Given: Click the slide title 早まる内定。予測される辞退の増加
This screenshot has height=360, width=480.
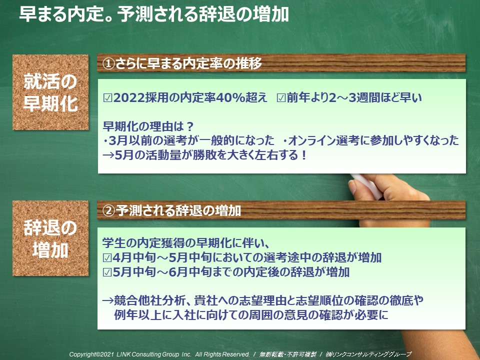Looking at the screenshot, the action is (154, 14).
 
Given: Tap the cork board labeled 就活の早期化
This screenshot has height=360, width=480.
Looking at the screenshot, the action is (50, 92).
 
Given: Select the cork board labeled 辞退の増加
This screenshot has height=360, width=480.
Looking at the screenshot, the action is (50, 238).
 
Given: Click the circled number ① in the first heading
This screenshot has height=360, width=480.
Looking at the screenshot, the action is (108, 63).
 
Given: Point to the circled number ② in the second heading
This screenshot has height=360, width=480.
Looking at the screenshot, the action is (108, 210).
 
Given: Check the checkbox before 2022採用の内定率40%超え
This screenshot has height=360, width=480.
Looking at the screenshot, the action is (107, 98).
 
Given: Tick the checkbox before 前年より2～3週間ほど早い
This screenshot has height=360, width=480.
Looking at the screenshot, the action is (281, 98).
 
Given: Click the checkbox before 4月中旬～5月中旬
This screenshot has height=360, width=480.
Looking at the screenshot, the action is (107, 258).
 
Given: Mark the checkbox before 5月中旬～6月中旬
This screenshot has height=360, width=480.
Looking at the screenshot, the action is (107, 272).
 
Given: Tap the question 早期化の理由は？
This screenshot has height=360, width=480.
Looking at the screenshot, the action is (148, 126).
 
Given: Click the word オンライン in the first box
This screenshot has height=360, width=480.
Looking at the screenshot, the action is (311, 140).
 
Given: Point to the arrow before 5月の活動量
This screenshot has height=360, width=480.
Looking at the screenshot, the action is (108, 155).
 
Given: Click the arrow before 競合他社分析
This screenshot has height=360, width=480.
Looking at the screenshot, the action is (108, 300).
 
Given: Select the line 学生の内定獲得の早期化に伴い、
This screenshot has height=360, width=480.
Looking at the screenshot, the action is (186, 243).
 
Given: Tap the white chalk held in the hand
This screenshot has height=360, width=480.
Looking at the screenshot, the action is (366, 186).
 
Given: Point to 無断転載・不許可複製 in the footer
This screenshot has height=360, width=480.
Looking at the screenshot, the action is (288, 354).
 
